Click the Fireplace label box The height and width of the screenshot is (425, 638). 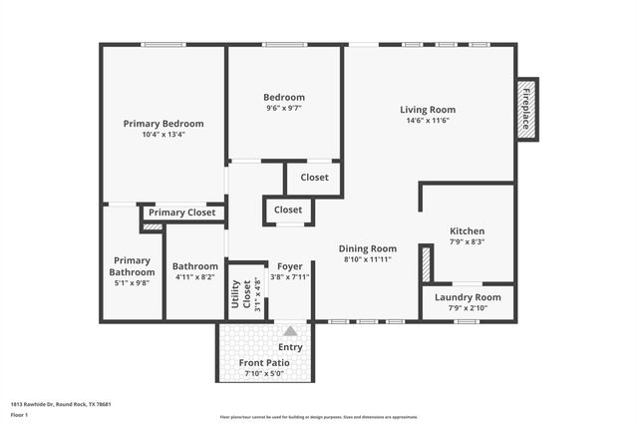coord(527,108)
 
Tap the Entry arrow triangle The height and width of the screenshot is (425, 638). coord(290,331)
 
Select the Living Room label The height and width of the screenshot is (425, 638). coord(428,110)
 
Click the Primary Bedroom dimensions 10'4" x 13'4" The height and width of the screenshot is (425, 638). coord(163,134)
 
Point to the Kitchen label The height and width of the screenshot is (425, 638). coord(467,230)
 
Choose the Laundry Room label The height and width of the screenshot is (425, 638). coord(467,297)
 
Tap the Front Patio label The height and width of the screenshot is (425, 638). coord(264,363)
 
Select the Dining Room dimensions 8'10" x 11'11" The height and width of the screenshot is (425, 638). coord(368,259)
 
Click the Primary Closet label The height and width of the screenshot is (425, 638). coord(181,212)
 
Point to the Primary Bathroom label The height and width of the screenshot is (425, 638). coord(133,266)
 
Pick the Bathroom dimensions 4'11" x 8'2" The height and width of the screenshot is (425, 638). coord(194,277)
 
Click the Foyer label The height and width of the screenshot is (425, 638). coord(290,266)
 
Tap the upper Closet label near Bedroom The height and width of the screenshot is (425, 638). coord(314,178)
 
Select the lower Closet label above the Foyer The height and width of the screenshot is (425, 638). coord(288,211)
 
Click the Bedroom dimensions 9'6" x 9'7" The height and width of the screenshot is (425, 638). coord(284,108)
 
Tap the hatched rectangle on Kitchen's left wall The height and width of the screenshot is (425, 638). coord(426,264)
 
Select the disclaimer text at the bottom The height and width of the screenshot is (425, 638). coord(319,417)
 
